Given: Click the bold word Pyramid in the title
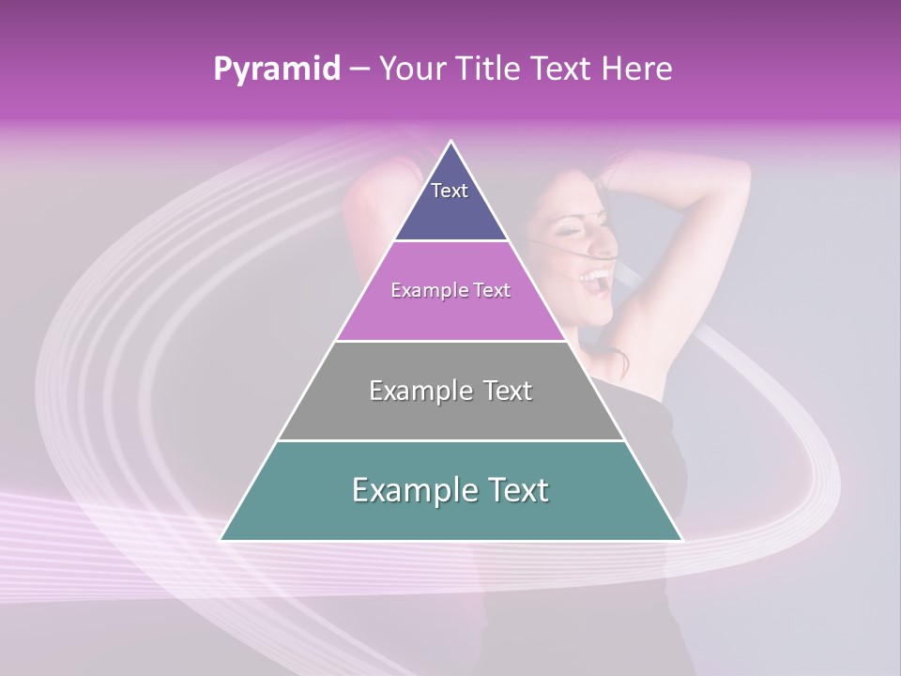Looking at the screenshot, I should tap(276, 69).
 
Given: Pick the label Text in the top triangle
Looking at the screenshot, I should tap(449, 191).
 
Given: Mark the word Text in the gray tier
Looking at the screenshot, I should tap(507, 391).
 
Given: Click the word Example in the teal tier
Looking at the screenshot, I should tap(411, 490).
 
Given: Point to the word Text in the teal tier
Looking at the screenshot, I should tap(518, 490).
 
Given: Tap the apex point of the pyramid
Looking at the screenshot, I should tap(451, 142).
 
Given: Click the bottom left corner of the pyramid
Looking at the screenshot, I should tap(221, 540).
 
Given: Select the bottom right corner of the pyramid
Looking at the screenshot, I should tap(682, 540).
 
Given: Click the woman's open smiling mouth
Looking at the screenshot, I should tap(595, 278).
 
